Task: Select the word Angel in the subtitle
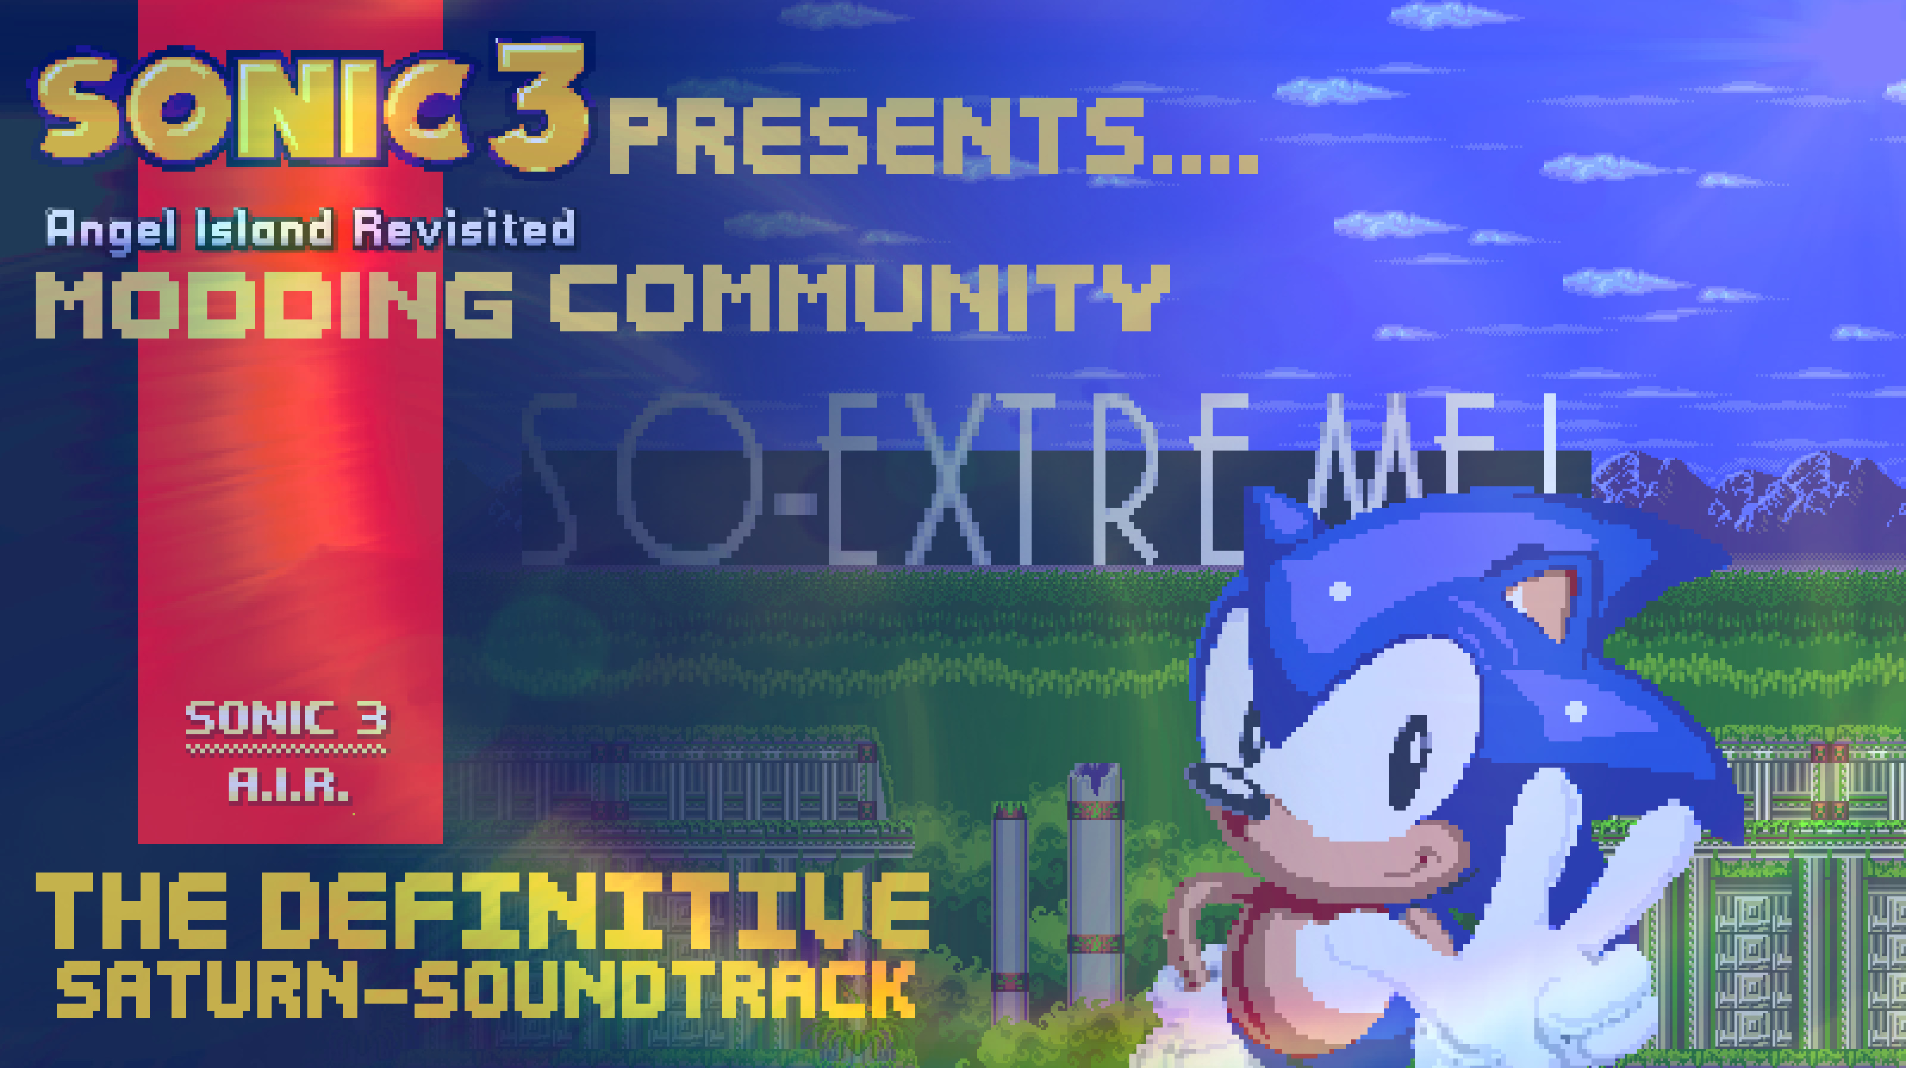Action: pos(111,229)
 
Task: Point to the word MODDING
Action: pos(274,303)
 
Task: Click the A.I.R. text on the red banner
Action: pos(287,786)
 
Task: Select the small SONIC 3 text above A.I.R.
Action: pos(286,718)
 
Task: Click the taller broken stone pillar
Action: pos(1095,888)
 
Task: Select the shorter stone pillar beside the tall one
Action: pos(1010,910)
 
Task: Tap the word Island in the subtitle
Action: pos(263,229)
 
